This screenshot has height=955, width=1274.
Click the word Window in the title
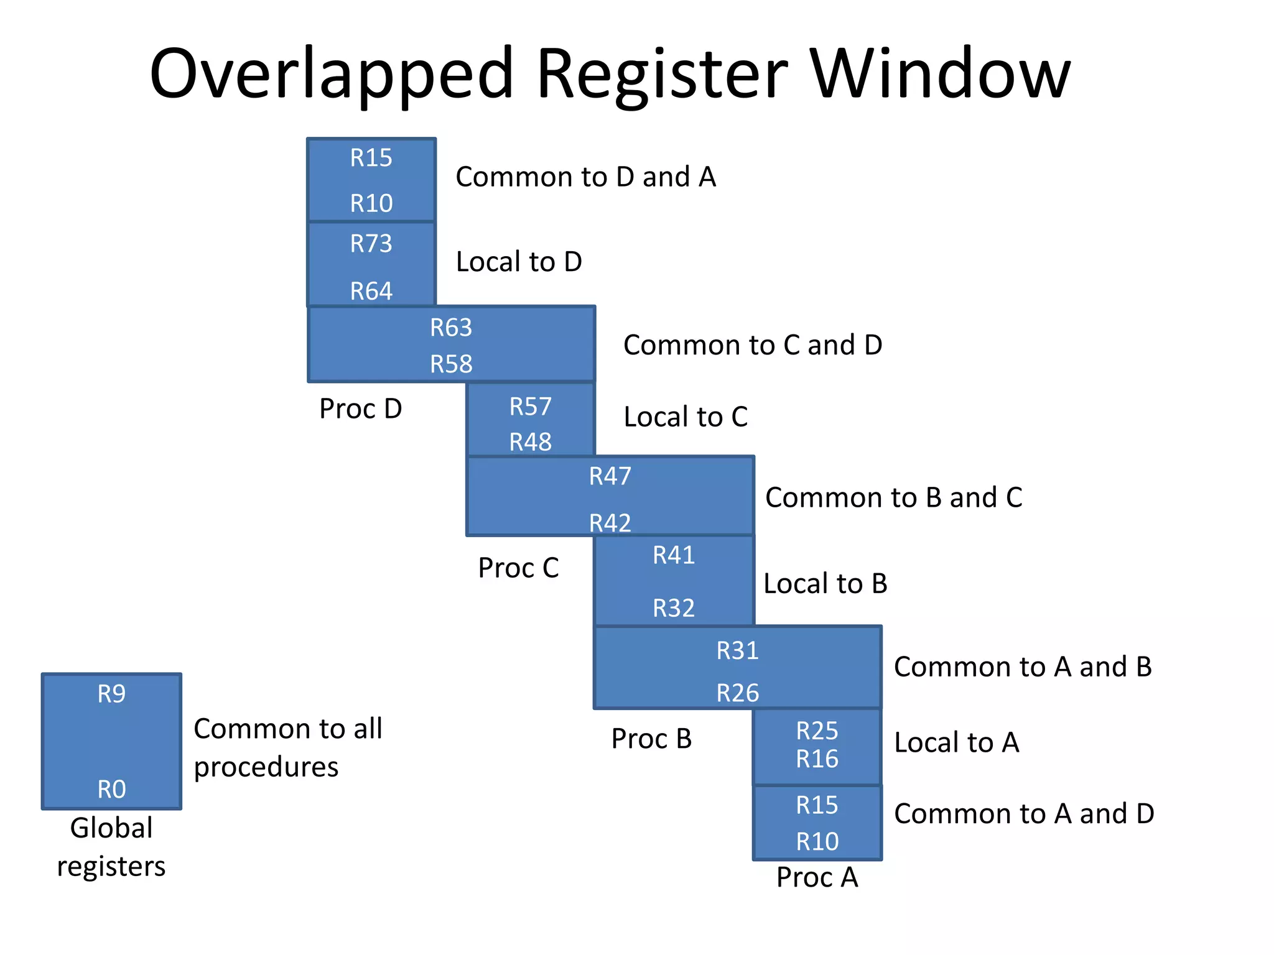tap(941, 73)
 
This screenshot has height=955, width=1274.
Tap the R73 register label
tap(371, 244)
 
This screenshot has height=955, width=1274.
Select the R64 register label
tap(371, 291)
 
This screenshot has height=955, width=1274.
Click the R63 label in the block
tap(451, 328)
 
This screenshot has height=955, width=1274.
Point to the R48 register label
tap(530, 442)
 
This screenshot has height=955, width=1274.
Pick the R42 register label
tap(610, 523)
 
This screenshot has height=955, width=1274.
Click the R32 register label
tap(673, 607)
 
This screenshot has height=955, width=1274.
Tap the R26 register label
tap(737, 693)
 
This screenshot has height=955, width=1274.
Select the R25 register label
tap(817, 731)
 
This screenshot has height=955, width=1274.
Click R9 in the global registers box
tap(111, 694)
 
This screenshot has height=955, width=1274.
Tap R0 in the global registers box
tap(111, 789)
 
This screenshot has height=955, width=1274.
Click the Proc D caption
tap(360, 408)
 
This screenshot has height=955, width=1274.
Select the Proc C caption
tap(518, 568)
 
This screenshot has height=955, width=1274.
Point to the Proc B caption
tap(651, 739)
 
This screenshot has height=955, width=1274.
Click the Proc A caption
tap(817, 877)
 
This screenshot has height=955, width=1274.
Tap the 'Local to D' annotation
tap(519, 262)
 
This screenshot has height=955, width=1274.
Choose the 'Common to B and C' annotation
tap(893, 497)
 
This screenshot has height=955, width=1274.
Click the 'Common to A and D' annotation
tap(1024, 814)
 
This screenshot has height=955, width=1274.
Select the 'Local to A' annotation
tap(957, 742)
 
